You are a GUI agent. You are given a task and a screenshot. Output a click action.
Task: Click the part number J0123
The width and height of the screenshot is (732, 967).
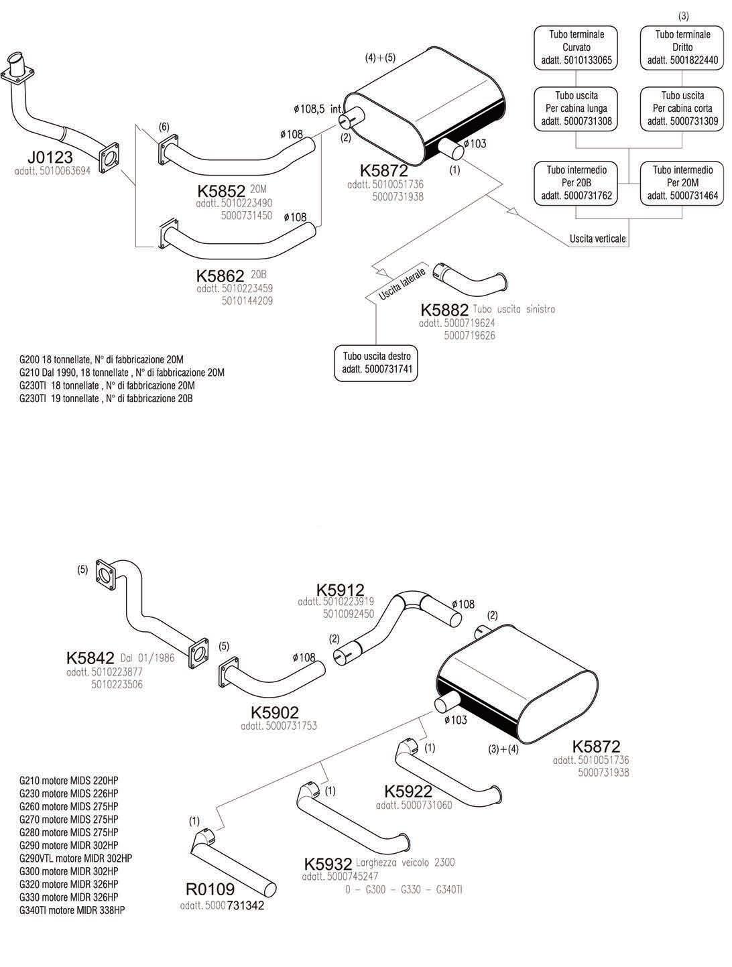50,157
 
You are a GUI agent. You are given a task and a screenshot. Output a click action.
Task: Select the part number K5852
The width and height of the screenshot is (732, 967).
221,191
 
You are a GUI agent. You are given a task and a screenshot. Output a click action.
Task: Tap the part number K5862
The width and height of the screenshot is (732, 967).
220,276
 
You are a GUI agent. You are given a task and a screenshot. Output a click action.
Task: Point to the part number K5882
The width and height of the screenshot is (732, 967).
444,310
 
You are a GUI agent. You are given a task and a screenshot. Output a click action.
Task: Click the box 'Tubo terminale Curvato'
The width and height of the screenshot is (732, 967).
576,48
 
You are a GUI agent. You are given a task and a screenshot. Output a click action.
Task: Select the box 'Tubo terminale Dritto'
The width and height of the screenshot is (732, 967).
682,48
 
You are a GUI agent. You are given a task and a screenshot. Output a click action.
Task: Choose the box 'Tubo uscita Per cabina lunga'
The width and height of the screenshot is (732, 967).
576,109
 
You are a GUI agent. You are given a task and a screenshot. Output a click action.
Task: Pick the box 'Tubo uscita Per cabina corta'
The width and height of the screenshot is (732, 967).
682,109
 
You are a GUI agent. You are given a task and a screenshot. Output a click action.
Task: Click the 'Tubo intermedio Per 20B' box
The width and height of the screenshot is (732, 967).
576,183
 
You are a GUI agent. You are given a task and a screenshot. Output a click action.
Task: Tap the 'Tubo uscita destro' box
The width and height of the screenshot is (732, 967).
376,363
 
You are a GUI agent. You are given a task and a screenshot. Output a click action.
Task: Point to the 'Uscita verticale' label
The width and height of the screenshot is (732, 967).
597,239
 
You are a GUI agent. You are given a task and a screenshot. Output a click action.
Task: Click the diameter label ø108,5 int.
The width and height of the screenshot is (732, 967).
318,109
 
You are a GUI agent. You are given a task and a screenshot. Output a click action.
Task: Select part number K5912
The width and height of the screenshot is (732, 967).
341,590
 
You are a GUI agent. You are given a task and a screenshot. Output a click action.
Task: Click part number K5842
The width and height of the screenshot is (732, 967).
90,658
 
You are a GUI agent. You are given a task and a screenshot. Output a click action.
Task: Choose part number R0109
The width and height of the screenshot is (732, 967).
210,889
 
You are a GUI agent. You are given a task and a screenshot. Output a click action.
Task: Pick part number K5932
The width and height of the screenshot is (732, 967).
328,864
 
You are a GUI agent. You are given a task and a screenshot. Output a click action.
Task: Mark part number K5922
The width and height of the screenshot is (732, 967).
408,791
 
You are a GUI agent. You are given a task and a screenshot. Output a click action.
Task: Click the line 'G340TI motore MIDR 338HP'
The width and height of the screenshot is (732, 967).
72,910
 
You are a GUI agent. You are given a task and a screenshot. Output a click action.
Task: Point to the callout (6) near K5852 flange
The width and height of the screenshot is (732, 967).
164,127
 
